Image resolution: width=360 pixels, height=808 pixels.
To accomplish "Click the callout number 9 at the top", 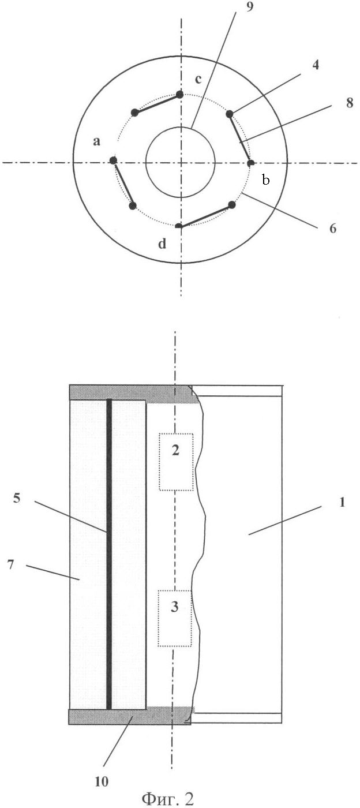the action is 249,6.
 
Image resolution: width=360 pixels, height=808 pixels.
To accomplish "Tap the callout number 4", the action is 315,65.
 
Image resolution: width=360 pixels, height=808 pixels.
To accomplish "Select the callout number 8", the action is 349,103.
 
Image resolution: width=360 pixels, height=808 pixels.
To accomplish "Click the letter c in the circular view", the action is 198,79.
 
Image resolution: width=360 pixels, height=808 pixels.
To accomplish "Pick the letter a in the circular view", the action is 96,141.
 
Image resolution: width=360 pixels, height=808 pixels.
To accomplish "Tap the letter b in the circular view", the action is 266,179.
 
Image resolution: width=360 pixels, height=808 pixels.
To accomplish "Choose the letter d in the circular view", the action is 162,244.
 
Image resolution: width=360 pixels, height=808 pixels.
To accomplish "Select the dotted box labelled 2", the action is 176,462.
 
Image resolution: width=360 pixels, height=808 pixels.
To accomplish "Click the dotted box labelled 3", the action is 175,618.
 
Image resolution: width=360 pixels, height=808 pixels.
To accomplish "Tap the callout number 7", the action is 10,564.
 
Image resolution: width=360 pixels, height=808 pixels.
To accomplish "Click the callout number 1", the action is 342,502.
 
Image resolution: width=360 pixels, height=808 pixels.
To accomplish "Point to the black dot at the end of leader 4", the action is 230,114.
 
